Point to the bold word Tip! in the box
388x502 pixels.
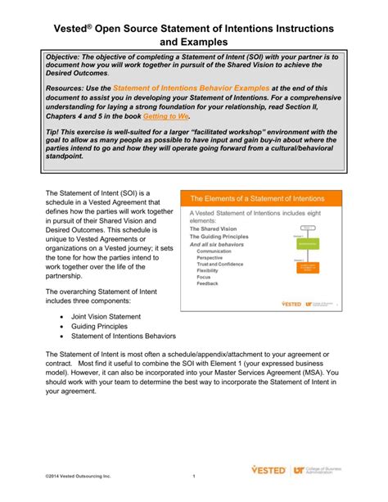56,132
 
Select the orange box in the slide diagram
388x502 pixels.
307,269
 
